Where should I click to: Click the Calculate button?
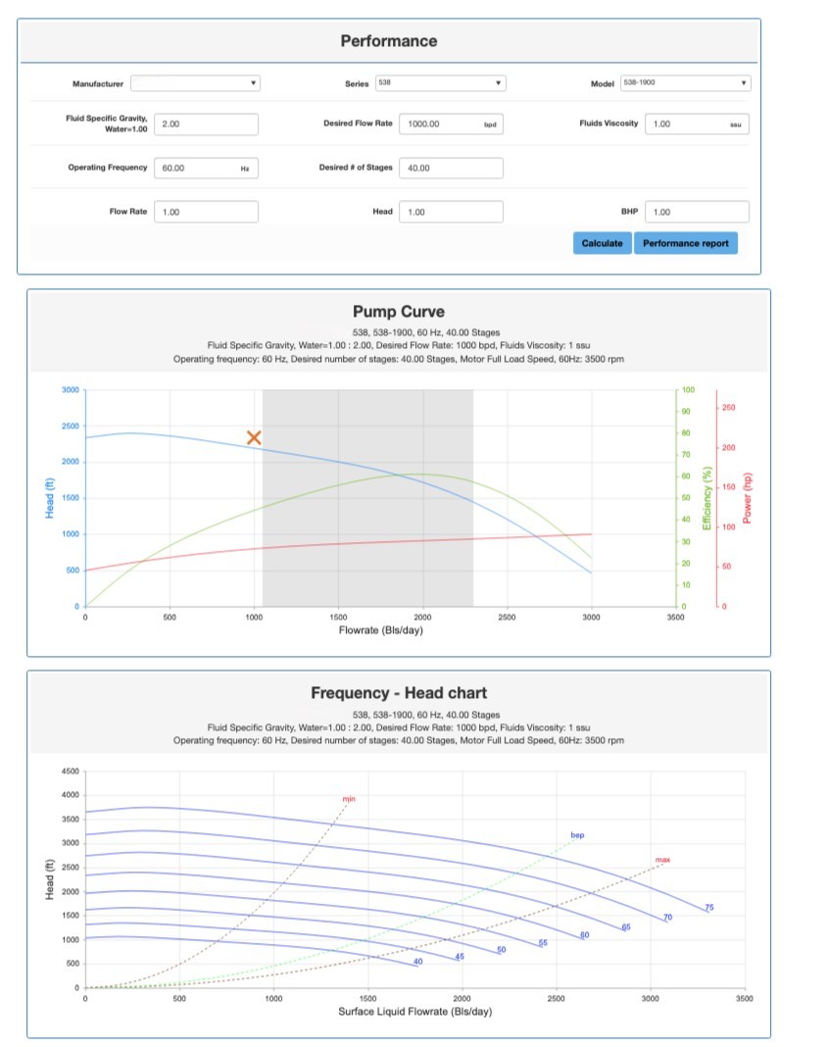pos(602,243)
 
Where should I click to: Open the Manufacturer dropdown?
pos(195,83)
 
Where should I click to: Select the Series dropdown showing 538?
pos(440,83)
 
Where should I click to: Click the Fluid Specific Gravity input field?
pos(206,125)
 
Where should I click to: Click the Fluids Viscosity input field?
pos(696,125)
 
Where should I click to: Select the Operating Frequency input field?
pos(206,168)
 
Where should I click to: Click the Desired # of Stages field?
pos(451,168)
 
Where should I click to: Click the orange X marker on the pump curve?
pos(254,437)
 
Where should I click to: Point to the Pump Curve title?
pos(399,312)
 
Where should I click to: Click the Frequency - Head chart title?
pos(399,693)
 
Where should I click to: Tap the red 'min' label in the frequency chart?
pos(349,800)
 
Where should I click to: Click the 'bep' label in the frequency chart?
pos(577,835)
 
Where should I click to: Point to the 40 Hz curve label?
pos(417,962)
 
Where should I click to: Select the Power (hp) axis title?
pos(748,497)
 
